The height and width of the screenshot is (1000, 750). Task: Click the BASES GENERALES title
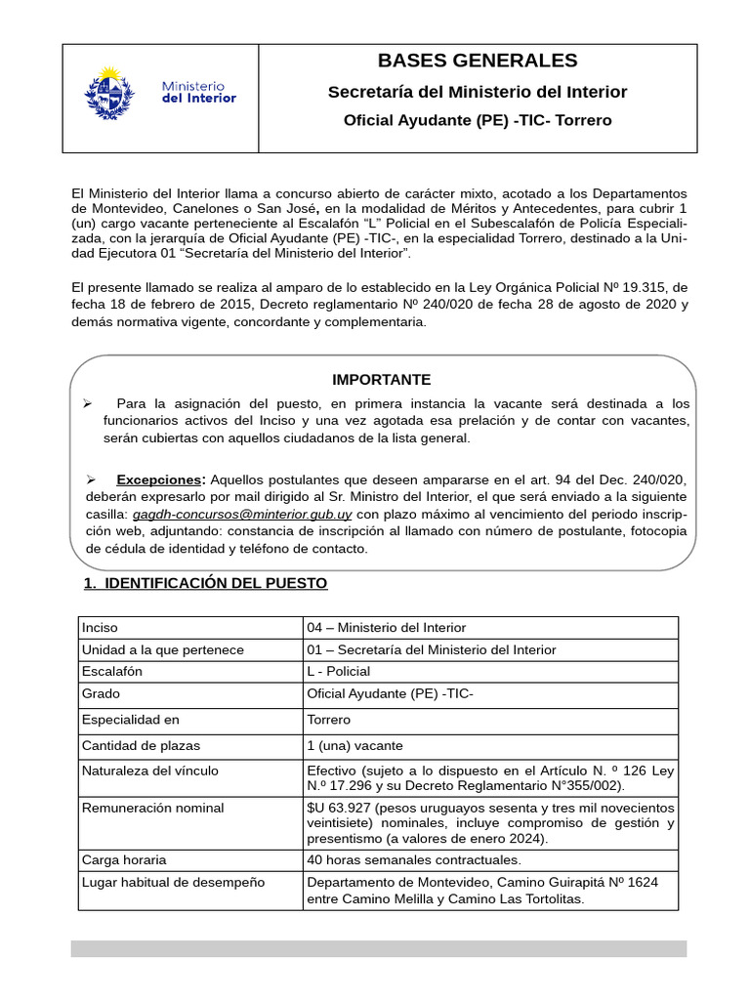point(478,61)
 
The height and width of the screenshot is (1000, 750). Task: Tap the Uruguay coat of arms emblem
point(109,93)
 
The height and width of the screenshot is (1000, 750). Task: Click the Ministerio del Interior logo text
point(198,93)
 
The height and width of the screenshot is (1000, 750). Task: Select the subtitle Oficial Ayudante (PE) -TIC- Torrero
point(478,120)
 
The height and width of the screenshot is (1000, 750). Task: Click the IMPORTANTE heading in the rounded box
point(381,379)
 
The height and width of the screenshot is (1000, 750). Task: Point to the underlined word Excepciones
point(160,479)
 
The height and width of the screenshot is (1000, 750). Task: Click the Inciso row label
point(100,627)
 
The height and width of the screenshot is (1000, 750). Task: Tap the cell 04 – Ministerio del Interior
point(386,627)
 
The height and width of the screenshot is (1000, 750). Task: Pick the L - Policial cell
point(339,671)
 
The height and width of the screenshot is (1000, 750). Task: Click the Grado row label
point(102,693)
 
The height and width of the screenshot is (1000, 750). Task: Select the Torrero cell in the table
point(329,720)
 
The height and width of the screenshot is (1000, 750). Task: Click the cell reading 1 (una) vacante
point(354,745)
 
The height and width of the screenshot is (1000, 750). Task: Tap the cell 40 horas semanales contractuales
point(414,859)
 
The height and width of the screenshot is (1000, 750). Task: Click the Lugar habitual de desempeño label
point(174,882)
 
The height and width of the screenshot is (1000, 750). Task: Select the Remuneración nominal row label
point(153,808)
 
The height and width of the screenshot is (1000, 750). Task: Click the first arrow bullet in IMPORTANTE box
point(87,403)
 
